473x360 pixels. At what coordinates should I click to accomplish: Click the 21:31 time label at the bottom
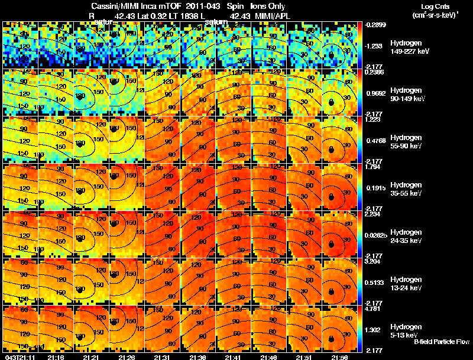[x=161, y=356]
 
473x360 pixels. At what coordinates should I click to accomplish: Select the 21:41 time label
[x=234, y=356]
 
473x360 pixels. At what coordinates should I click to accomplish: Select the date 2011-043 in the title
[x=192, y=5]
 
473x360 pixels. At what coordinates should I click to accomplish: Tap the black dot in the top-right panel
[x=332, y=54]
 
